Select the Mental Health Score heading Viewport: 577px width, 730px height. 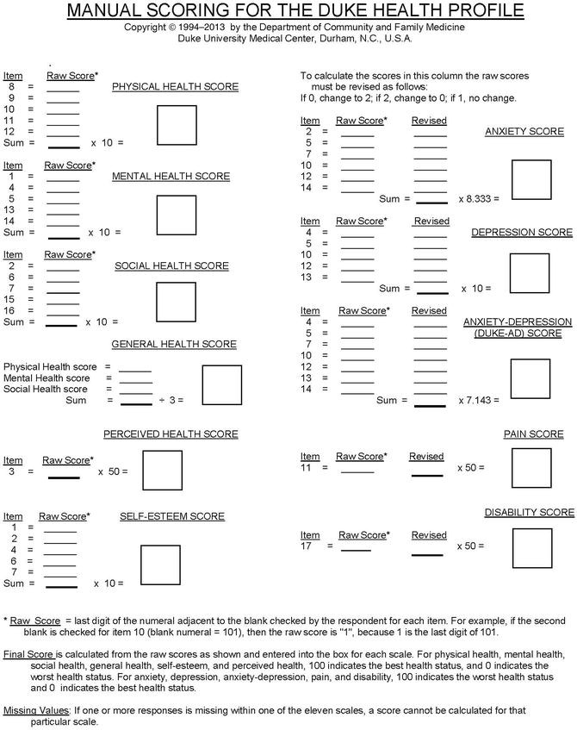tap(171, 177)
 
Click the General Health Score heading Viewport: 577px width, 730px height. tap(174, 345)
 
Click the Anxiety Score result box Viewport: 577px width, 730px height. tap(531, 180)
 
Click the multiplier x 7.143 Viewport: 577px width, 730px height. tap(477, 400)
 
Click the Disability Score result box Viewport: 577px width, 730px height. tap(530, 546)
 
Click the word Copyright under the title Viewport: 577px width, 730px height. tap(147, 28)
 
